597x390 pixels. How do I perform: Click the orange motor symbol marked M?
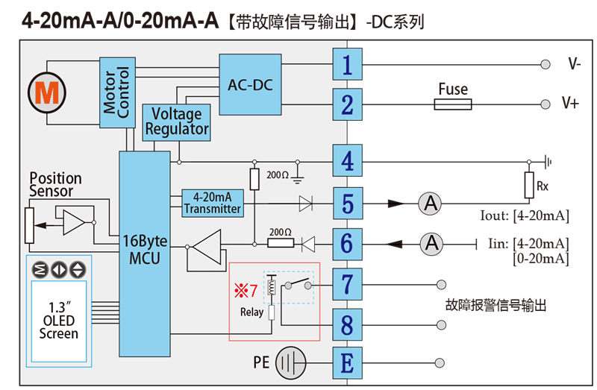pyautogui.click(x=48, y=92)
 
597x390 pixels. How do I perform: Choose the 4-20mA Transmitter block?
pyautogui.click(x=212, y=203)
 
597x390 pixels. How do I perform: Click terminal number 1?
pyautogui.click(x=347, y=66)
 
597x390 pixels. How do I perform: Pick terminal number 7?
pyautogui.click(x=347, y=284)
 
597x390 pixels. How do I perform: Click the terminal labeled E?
pyautogui.click(x=347, y=363)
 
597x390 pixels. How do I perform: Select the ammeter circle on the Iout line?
pyautogui.click(x=429, y=203)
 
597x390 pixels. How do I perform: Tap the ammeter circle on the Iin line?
pyautogui.click(x=429, y=243)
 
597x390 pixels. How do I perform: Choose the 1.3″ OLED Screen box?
pyautogui.click(x=59, y=321)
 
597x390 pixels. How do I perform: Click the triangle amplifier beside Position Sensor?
pyautogui.click(x=75, y=222)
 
